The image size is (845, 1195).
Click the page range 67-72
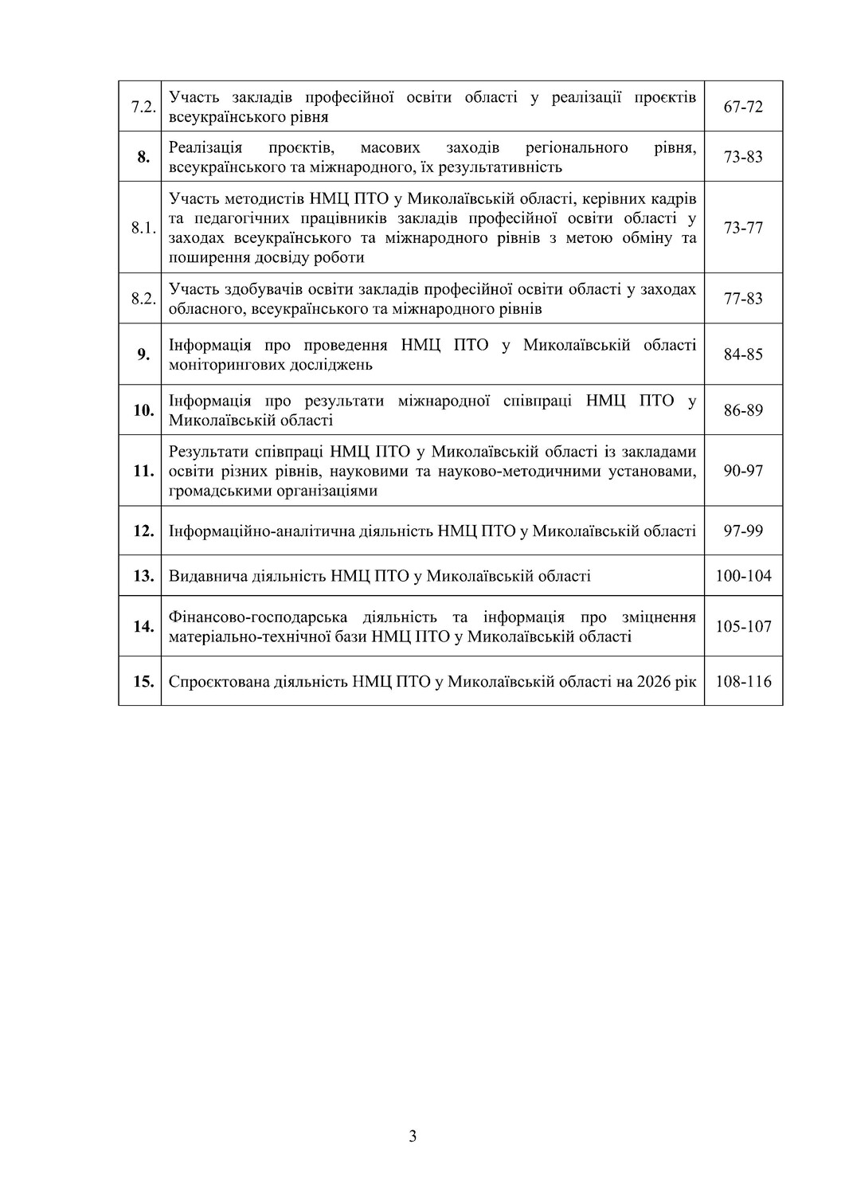tap(743, 107)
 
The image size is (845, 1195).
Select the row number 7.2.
tap(142, 107)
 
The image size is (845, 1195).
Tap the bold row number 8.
tap(143, 157)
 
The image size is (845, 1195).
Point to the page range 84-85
tap(743, 355)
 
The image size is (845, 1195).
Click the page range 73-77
tap(743, 228)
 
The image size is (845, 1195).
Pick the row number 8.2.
tap(142, 299)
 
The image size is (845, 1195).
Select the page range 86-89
tap(743, 410)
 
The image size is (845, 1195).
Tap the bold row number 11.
tap(143, 471)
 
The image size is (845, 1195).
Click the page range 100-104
tap(743, 575)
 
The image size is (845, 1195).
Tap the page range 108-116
tap(743, 682)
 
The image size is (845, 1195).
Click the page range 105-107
tap(743, 626)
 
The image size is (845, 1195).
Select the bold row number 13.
tap(143, 575)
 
